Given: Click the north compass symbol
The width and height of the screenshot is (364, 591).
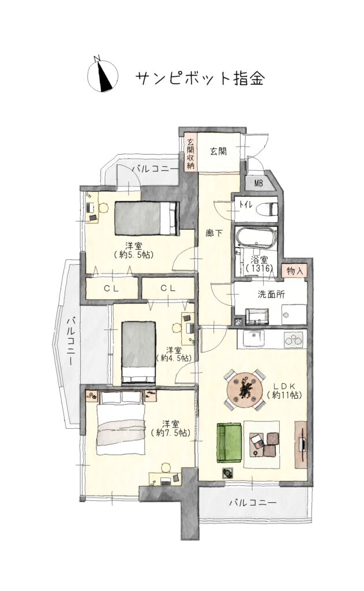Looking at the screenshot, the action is point(103,76).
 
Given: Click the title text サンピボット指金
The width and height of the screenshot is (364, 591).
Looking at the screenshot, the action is point(200,78).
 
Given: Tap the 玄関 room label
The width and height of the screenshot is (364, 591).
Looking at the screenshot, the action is point(218,152).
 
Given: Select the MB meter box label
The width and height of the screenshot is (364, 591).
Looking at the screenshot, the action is point(258,184).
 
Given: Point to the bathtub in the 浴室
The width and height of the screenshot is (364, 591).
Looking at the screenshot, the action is point(256,237).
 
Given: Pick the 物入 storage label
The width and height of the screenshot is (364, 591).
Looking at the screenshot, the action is point(294,271).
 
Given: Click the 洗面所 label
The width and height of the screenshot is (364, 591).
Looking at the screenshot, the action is point(271,294).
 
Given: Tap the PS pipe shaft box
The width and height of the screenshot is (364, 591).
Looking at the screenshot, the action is point(238,322).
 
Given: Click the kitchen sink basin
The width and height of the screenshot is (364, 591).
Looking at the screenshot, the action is point(254,338).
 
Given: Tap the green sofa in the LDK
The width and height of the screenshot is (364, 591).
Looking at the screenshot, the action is point(228,443).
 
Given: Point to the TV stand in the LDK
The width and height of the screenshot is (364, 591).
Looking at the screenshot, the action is point(301,444).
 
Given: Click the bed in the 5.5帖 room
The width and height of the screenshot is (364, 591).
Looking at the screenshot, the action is point(146,219).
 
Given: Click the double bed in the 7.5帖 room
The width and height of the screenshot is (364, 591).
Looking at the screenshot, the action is point(121,424).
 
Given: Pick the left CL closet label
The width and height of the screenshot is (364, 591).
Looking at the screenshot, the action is point(111,289).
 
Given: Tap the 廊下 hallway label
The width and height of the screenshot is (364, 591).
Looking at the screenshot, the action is point(214,234).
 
